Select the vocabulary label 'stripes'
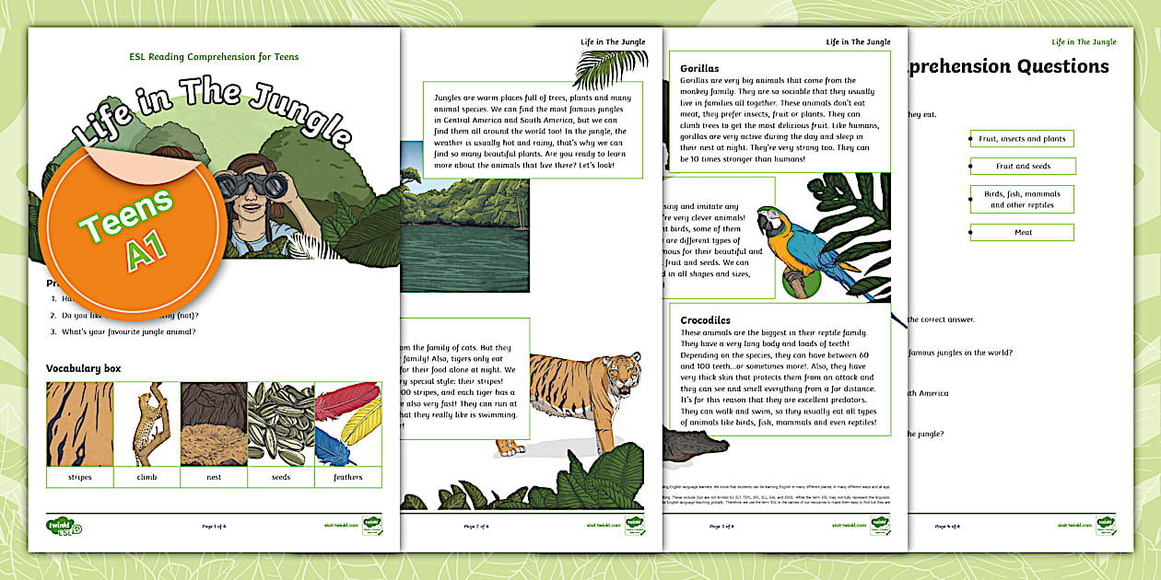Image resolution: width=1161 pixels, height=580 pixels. pyautogui.click(x=80, y=477)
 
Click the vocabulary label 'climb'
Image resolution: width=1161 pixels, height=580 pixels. pyautogui.click(x=147, y=477)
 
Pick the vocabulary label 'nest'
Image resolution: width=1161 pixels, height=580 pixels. pyautogui.click(x=214, y=477)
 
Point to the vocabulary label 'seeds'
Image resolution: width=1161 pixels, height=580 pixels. pyautogui.click(x=281, y=477)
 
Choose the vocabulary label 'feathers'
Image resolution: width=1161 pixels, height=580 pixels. pyautogui.click(x=348, y=477)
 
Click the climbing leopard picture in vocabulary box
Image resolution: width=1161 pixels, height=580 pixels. pyautogui.click(x=147, y=424)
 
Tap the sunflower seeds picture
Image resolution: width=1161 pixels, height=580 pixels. pyautogui.click(x=281, y=424)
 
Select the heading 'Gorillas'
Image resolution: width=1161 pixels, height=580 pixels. pyautogui.click(x=699, y=68)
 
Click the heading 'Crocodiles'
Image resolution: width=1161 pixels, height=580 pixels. pyautogui.click(x=705, y=319)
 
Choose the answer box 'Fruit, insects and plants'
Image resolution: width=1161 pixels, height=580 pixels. pyautogui.click(x=1023, y=139)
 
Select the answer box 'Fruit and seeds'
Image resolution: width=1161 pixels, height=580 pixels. pyautogui.click(x=1023, y=167)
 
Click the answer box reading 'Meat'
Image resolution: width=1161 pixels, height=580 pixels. pyautogui.click(x=1023, y=233)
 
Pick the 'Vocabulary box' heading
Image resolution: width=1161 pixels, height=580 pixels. pyautogui.click(x=84, y=368)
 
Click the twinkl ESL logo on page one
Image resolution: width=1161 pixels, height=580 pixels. pyautogui.click(x=64, y=527)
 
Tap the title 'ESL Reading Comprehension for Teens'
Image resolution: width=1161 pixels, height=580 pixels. pyautogui.click(x=214, y=57)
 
